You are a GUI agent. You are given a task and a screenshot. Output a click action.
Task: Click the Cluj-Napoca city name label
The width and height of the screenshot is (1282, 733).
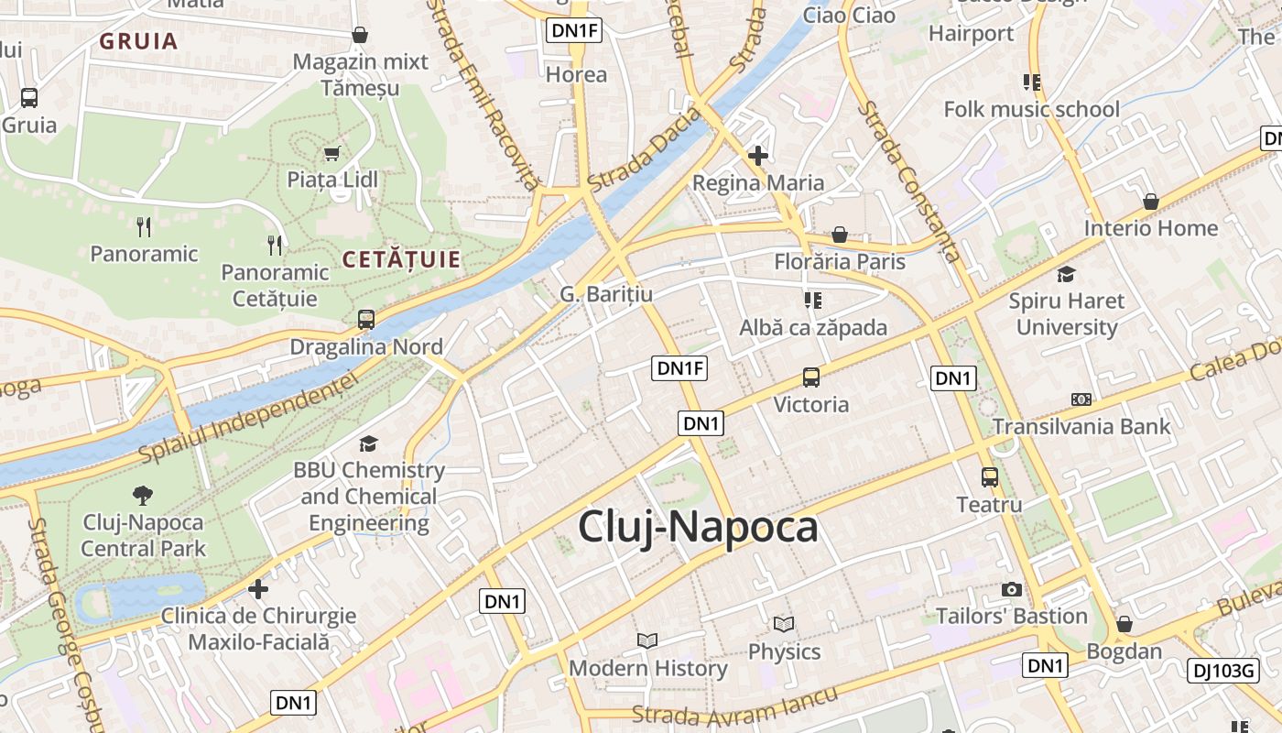(698, 528)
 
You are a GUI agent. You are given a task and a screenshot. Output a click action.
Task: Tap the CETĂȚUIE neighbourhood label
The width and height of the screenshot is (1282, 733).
(401, 260)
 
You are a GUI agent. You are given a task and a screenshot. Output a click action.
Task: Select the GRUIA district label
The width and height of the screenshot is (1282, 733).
(138, 41)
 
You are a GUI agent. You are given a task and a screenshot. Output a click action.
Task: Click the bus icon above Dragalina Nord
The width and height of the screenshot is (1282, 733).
(366, 320)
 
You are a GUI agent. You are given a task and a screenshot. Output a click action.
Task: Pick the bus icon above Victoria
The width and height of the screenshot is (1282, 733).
(811, 377)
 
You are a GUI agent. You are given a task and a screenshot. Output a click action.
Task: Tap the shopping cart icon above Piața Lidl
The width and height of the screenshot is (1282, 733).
(331, 153)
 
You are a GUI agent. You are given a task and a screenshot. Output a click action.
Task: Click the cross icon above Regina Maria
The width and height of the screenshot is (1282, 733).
(757, 156)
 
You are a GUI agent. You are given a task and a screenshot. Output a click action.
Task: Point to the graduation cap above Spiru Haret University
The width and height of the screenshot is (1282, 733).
(1066, 274)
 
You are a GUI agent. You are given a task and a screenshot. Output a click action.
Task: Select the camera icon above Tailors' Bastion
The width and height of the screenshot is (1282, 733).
(1012, 589)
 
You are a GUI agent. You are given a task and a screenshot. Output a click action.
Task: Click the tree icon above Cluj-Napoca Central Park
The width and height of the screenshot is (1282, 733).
(143, 496)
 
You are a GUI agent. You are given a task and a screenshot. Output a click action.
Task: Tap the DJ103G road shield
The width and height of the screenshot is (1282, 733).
(1222, 671)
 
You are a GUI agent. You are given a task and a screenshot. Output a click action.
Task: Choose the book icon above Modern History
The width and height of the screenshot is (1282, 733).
(647, 640)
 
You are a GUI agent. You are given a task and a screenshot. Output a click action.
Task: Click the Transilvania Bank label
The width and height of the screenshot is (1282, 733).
(1081, 426)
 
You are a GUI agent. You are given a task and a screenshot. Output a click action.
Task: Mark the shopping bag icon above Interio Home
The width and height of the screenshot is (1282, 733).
(1151, 202)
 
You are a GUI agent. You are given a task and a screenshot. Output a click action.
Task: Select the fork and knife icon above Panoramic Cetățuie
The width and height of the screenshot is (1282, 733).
(275, 245)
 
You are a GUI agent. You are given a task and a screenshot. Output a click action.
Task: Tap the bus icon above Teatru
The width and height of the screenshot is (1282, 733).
(990, 477)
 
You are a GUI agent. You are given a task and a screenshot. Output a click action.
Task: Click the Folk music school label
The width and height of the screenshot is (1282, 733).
(1031, 110)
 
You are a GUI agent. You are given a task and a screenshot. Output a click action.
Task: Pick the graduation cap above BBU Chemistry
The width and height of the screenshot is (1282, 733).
(368, 444)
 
